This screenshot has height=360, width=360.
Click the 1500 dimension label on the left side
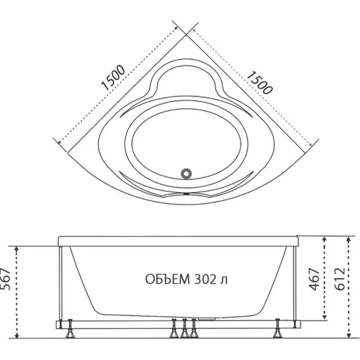[x=113, y=78]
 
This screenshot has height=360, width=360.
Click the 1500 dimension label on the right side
[x=260, y=82]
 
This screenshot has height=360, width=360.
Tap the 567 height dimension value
[x=6, y=279]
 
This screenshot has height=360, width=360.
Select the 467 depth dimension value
[x=315, y=279]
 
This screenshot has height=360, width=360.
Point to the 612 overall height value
[x=340, y=279]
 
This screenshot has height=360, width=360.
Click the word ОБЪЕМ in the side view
[x=168, y=279]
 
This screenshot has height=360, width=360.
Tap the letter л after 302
[x=224, y=281]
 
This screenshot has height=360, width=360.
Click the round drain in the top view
[x=186, y=174]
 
